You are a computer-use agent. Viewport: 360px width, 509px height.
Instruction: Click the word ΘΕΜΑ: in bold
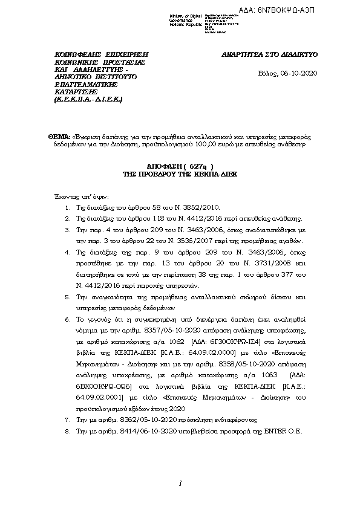[x=59, y=138]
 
